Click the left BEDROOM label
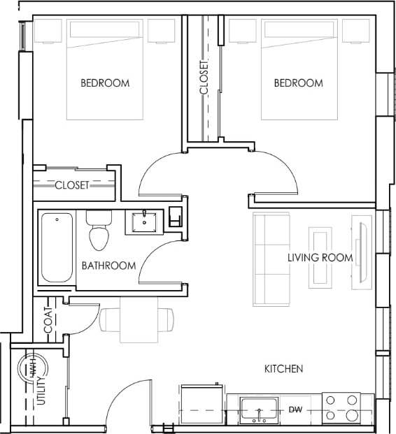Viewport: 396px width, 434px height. coord(105,83)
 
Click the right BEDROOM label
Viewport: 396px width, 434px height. coord(298,83)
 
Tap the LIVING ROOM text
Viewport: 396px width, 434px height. coord(320,257)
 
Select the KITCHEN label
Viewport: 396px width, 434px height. coord(283,368)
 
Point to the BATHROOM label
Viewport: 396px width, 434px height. coord(108,266)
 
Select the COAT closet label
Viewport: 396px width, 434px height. coord(48,319)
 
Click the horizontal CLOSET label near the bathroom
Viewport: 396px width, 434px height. coord(72,185)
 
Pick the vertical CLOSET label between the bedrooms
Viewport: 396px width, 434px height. coord(204,76)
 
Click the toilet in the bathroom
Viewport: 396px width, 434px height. coord(99,230)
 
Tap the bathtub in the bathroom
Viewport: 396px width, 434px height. coord(56,247)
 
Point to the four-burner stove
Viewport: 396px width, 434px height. coord(341,408)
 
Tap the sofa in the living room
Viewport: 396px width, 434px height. coord(270,258)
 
